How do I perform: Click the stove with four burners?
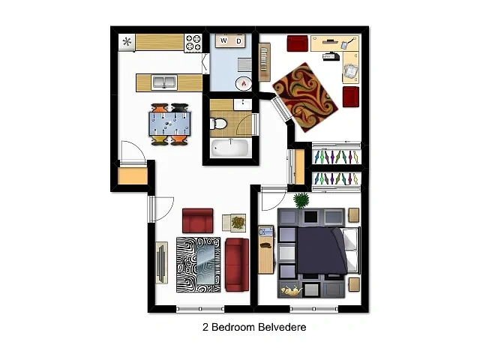click(x=193, y=43)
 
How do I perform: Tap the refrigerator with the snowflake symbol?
click(x=127, y=42)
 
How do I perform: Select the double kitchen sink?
click(x=164, y=82)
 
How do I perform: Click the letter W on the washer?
click(x=223, y=40)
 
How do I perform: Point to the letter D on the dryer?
click(x=238, y=41)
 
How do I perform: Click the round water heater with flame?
click(x=244, y=83)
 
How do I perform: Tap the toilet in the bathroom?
click(x=218, y=124)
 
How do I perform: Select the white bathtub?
click(x=229, y=148)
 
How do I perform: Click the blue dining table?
click(x=169, y=124)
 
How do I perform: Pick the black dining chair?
click(x=180, y=108)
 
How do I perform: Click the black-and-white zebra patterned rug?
click(x=198, y=265)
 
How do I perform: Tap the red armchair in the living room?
click(x=198, y=220)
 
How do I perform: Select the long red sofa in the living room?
click(x=237, y=265)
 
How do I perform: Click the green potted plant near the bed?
click(x=301, y=200)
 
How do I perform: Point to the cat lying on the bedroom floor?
click(x=292, y=290)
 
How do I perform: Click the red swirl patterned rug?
click(x=305, y=97)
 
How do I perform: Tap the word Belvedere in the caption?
click(x=282, y=327)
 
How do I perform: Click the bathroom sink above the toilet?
click(x=243, y=104)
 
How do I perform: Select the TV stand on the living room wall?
click(x=162, y=262)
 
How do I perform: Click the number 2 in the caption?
click(x=205, y=327)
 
